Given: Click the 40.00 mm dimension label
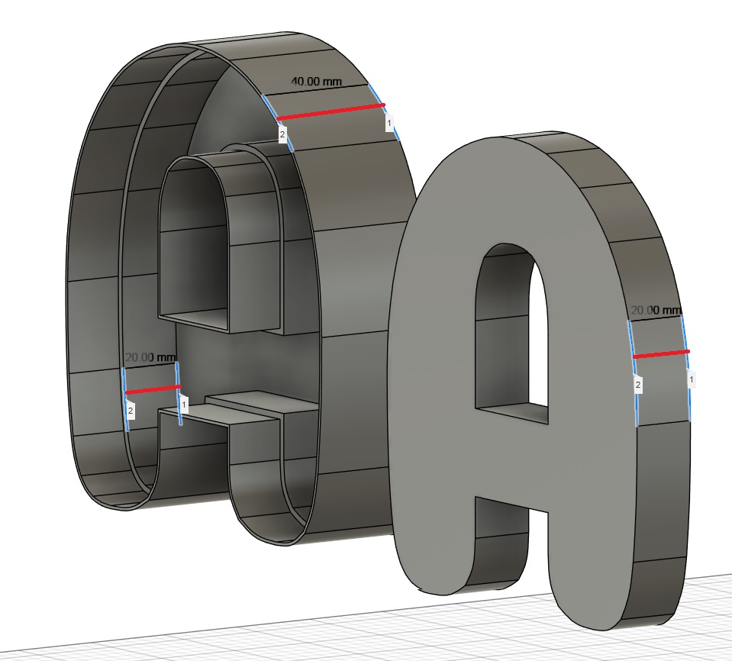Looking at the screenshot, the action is click(x=316, y=82).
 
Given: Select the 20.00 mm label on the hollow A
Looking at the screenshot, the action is click(x=151, y=357).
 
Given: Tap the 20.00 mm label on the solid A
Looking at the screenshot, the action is click(x=656, y=311).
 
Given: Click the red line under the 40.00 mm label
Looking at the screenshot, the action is click(x=331, y=112).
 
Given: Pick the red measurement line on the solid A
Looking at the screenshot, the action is click(x=661, y=354).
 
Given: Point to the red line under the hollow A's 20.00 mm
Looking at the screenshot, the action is click(x=153, y=390).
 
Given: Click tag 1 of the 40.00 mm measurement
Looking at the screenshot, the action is click(x=389, y=124).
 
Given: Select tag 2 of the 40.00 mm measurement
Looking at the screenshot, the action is click(x=282, y=134).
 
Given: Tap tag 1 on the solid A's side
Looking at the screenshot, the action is click(x=692, y=379).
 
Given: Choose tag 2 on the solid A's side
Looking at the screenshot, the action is click(x=637, y=385).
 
